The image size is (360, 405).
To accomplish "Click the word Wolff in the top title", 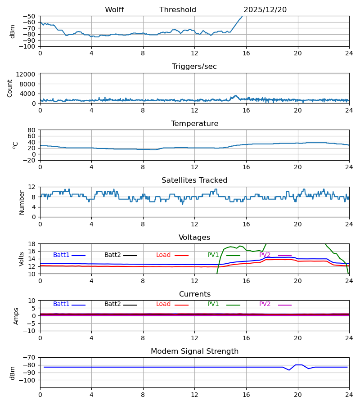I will point(114,10).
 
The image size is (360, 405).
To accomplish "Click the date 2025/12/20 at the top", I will point(265,10).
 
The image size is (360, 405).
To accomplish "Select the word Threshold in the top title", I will point(178,10).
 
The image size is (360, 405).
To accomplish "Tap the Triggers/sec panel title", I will point(194,67).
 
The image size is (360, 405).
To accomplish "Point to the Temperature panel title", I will point(194,124).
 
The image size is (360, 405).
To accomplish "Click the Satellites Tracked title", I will point(194,180).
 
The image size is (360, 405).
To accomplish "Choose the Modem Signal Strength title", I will point(194,351).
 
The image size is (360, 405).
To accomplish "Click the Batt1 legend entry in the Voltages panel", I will point(62,255).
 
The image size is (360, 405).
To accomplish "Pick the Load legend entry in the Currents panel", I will point(163,304).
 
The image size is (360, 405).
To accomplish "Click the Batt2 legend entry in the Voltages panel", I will point(113,255).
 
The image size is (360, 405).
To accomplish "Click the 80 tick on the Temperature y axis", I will point(32,130).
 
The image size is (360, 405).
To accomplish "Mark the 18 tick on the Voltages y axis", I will point(32,244).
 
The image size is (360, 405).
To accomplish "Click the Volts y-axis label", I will point(22,259).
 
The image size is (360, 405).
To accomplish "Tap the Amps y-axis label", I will point(17,316).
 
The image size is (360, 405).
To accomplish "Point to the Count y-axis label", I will point(10,88).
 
